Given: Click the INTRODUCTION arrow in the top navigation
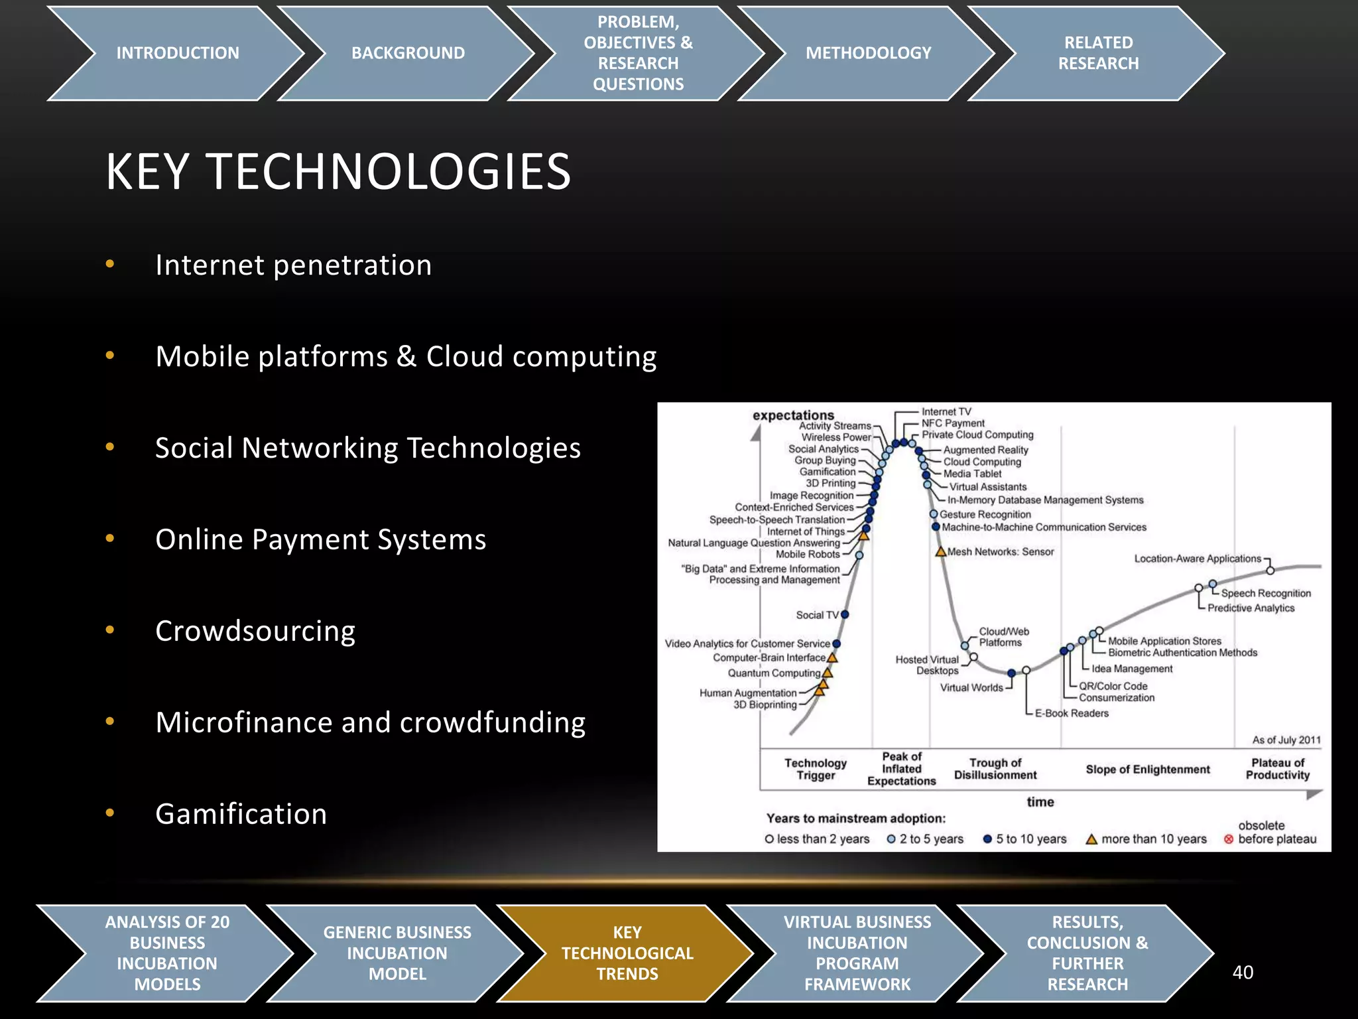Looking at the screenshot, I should click(177, 53).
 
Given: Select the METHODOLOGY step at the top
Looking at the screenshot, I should click(868, 53).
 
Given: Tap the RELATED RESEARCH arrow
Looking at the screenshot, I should click(1098, 53).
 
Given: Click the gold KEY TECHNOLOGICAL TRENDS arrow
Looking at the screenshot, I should click(627, 953).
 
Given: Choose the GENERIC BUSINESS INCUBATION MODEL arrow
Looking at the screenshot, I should click(397, 953).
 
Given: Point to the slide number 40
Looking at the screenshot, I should click(1243, 973).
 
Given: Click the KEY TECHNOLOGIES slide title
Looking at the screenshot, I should click(338, 172).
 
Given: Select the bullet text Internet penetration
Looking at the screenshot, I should click(293, 265).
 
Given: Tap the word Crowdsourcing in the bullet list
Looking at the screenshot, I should click(255, 631).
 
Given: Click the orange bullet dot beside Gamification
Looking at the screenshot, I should click(110, 813).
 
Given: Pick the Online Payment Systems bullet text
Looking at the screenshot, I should click(320, 539).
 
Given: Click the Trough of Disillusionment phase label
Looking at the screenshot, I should click(995, 769).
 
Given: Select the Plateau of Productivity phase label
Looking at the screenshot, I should click(1277, 769).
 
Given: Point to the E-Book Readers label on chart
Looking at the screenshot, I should click(1072, 713).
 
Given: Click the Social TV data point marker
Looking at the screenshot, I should click(845, 614).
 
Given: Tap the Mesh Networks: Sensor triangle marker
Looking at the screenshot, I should click(940, 552).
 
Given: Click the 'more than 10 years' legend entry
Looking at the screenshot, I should click(1146, 839).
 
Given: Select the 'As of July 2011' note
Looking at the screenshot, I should click(1286, 740).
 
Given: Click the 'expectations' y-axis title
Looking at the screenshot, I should click(793, 415).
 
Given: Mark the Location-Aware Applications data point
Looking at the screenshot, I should click(1270, 571).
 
